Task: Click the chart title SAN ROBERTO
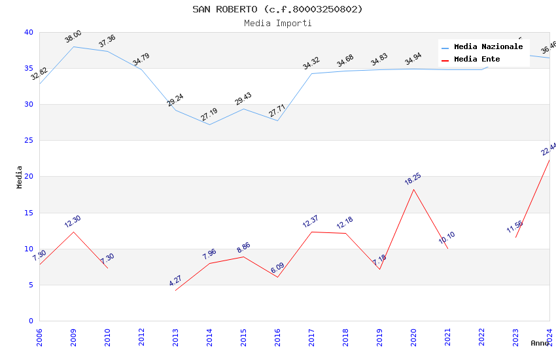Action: tap(277, 9)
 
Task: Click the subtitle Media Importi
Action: tap(277, 23)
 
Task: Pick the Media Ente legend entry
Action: tap(477, 60)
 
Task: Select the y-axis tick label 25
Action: tap(29, 141)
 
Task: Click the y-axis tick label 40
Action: tap(29, 32)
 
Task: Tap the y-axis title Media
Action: tap(20, 177)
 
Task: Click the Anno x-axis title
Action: tap(540, 343)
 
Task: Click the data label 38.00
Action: tap(73, 37)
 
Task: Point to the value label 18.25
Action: tap(412, 179)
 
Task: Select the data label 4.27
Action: tap(175, 281)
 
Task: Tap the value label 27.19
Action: tap(209, 115)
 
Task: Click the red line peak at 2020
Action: tap(413, 189)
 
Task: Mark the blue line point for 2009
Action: tap(73, 46)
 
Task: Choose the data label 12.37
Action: tap(311, 222)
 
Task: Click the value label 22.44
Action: tap(548, 149)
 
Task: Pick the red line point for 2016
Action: tap(277, 277)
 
